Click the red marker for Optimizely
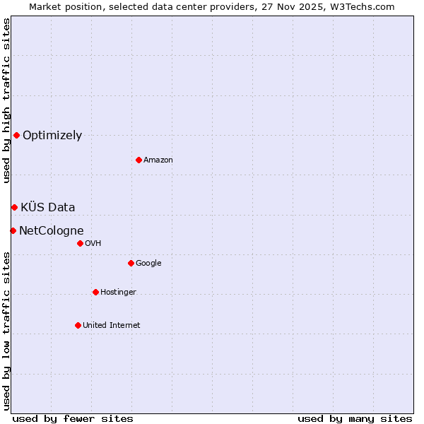tap(16, 135)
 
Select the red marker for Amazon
tap(139, 160)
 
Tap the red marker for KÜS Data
tap(14, 207)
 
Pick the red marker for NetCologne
tap(13, 230)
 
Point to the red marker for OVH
tap(80, 243)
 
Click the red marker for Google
tap(131, 263)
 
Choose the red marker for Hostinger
tap(95, 292)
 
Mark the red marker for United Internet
tap(78, 325)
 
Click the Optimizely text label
tap(52, 136)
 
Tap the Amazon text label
tap(158, 160)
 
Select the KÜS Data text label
tap(48, 208)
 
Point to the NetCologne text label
tap(52, 231)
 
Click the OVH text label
tap(93, 244)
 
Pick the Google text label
tap(148, 264)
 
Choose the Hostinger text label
tap(118, 293)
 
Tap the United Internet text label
tap(112, 326)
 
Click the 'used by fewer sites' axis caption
tap(73, 418)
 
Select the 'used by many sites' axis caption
tap(355, 418)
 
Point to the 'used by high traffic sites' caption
tap(6, 100)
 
